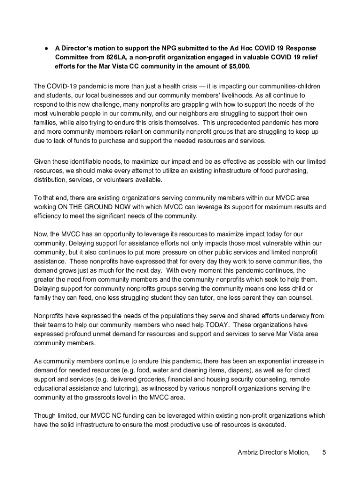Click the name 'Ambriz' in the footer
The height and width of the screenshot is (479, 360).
248,452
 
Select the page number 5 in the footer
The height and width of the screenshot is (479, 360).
324,452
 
